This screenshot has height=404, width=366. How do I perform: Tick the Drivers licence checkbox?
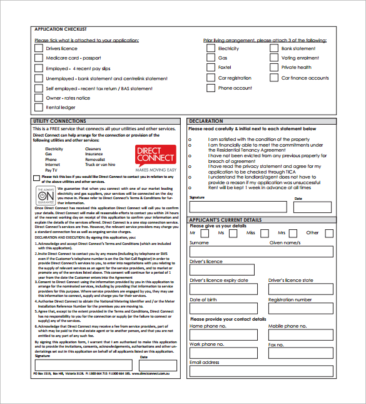(38, 48)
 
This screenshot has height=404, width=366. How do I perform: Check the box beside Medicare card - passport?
(38, 58)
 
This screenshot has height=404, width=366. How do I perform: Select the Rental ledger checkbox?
(38, 107)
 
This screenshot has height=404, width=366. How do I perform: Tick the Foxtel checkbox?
(211, 68)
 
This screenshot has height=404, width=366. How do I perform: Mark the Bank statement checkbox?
(274, 48)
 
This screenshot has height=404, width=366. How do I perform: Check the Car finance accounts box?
(274, 78)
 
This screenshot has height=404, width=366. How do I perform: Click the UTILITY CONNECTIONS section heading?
(60, 121)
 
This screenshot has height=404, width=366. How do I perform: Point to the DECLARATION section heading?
(206, 121)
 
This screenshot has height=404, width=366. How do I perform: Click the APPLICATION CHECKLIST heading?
(60, 29)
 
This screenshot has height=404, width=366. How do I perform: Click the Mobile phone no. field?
(300, 334)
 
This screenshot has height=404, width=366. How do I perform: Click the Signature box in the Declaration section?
(238, 207)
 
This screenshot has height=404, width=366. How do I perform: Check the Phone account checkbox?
(211, 88)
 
